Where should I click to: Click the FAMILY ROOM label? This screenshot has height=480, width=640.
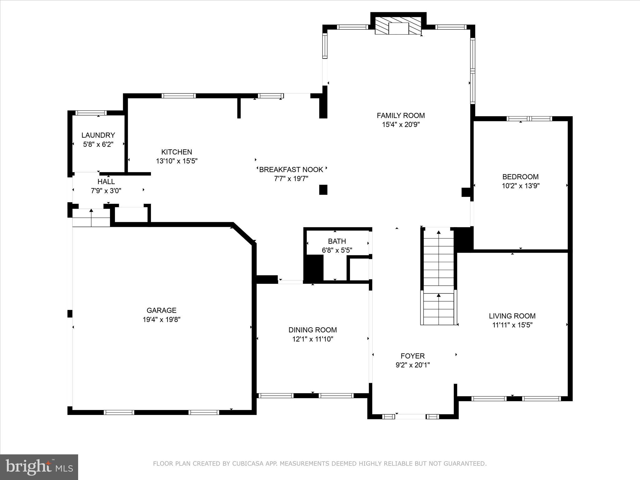point(401,116)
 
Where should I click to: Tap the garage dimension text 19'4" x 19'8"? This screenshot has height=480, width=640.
point(162,319)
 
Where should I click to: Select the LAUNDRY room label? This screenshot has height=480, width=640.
point(98,135)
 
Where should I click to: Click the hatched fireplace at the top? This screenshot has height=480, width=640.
point(398,28)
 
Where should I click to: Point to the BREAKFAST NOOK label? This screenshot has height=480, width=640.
point(291,170)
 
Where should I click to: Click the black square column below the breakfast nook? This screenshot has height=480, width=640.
point(323,190)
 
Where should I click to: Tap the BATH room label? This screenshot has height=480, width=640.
point(337,241)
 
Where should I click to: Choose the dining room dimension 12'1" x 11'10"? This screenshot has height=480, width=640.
point(312,339)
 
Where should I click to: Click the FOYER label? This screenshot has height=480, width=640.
point(412,356)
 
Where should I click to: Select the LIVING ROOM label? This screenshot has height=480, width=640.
point(512,316)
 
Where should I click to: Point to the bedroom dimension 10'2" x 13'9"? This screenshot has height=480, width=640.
point(521,186)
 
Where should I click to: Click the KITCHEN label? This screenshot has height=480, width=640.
point(177,152)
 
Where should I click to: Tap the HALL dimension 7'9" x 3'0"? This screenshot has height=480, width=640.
point(106,191)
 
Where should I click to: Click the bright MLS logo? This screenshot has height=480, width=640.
point(39,467)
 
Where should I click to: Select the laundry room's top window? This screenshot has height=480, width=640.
point(91,113)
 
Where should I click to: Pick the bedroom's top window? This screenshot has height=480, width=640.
point(529,119)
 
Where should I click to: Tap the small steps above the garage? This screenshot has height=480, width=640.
point(91,218)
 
